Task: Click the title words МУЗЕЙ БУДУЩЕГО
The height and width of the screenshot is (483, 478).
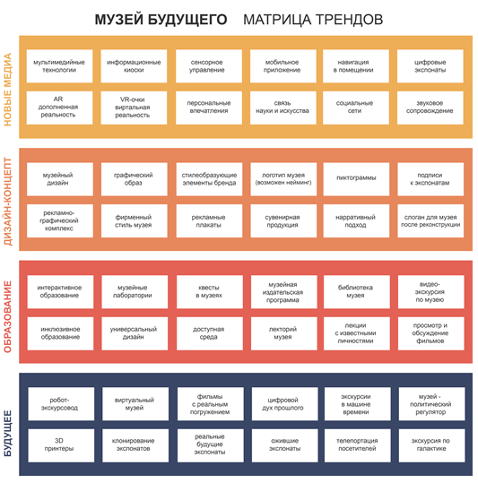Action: pyautogui.click(x=161, y=20)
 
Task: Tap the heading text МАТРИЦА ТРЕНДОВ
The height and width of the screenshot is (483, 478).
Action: pyautogui.click(x=313, y=20)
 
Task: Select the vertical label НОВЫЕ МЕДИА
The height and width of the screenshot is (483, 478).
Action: pyautogui.click(x=7, y=90)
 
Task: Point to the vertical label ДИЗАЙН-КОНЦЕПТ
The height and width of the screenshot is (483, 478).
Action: pyautogui.click(x=7, y=202)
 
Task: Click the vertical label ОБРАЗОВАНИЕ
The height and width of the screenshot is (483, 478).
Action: pyautogui.click(x=7, y=316)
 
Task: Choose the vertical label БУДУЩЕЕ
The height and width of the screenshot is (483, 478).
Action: pyautogui.click(x=7, y=434)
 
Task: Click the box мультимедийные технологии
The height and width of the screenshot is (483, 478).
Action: pyautogui.click(x=59, y=66)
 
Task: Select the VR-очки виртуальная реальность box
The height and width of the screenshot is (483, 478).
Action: pyautogui.click(x=134, y=108)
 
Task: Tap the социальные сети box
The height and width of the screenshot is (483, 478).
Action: pyautogui.click(x=356, y=108)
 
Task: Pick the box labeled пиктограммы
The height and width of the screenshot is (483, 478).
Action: pyautogui.click(x=356, y=179)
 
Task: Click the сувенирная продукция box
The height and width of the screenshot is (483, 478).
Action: pyautogui.click(x=283, y=220)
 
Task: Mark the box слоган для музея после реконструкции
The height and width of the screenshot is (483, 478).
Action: pyautogui.click(x=430, y=220)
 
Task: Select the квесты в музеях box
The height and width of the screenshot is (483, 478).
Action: pyautogui.click(x=210, y=292)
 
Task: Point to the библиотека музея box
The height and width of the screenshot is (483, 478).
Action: pyautogui.click(x=357, y=292)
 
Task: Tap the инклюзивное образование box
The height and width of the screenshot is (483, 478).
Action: pyautogui.click(x=60, y=333)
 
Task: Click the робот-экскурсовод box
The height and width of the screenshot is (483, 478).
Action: pyautogui.click(x=61, y=404)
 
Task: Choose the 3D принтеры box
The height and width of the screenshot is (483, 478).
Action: pyautogui.click(x=61, y=445)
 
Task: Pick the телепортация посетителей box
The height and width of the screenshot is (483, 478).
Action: pyautogui.click(x=358, y=445)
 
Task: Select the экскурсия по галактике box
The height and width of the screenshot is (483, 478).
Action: pyautogui.click(x=431, y=445)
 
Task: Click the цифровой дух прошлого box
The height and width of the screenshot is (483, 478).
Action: pyautogui.click(x=285, y=404)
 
